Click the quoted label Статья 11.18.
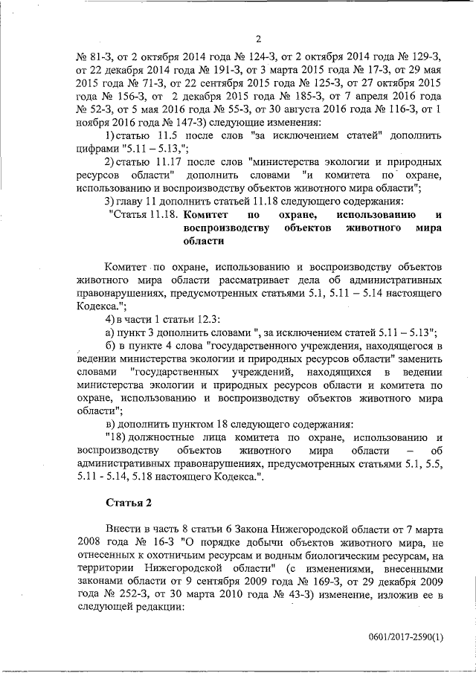(143, 214)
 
